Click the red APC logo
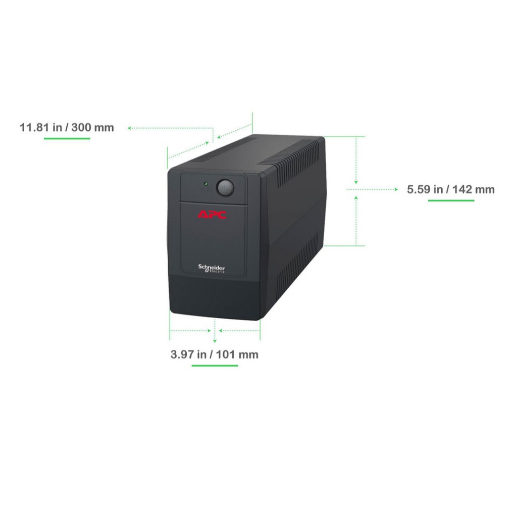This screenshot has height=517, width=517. tap(212, 215)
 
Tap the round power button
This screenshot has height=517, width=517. tap(225, 188)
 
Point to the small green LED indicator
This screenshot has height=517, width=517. tap(206, 183)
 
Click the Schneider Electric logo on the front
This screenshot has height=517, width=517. tap(212, 269)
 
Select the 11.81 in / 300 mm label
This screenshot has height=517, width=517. tap(67, 127)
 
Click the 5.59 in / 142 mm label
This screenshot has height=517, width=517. tap(451, 189)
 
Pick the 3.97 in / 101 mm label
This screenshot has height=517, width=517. tap(214, 354)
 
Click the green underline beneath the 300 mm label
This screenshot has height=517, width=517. tap(67, 138)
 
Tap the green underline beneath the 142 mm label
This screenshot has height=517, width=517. tap(451, 200)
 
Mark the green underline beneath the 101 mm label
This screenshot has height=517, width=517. tap(215, 366)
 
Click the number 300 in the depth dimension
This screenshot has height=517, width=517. tap(81, 127)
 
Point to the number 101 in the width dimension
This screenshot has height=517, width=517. tap(226, 354)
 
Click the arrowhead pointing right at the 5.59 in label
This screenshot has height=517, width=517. tap(396, 189)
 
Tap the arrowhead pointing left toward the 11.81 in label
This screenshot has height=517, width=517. tap(130, 128)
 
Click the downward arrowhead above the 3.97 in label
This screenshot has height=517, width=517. tap(215, 341)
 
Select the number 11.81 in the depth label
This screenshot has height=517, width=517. tap(34, 127)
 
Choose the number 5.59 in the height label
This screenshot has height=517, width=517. tap(419, 189)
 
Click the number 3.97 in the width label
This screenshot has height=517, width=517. tap(182, 354)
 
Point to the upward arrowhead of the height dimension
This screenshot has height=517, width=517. tap(356, 197)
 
